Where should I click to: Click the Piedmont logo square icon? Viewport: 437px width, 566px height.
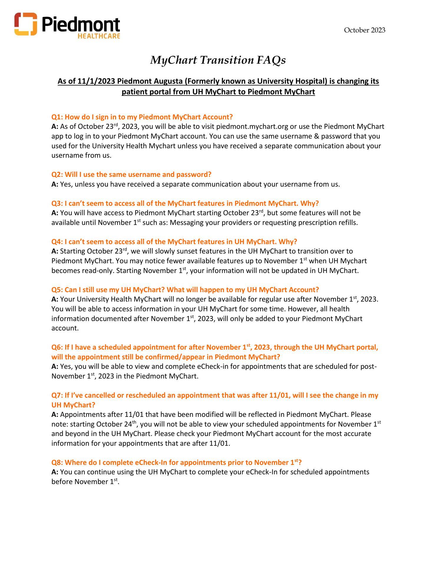pyautogui.click(x=26, y=24)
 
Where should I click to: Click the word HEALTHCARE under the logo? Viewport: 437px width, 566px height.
pyautogui.click(x=99, y=36)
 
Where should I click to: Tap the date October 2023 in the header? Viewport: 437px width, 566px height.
pyautogui.click(x=365, y=30)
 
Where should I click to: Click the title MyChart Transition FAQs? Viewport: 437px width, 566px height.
pyautogui.click(x=218, y=60)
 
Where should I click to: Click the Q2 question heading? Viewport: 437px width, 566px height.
pyautogui.click(x=131, y=175)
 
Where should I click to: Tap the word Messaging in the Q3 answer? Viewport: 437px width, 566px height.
pyautogui.click(x=186, y=223)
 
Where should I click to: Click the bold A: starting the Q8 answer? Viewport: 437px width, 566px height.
pyautogui.click(x=55, y=472)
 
